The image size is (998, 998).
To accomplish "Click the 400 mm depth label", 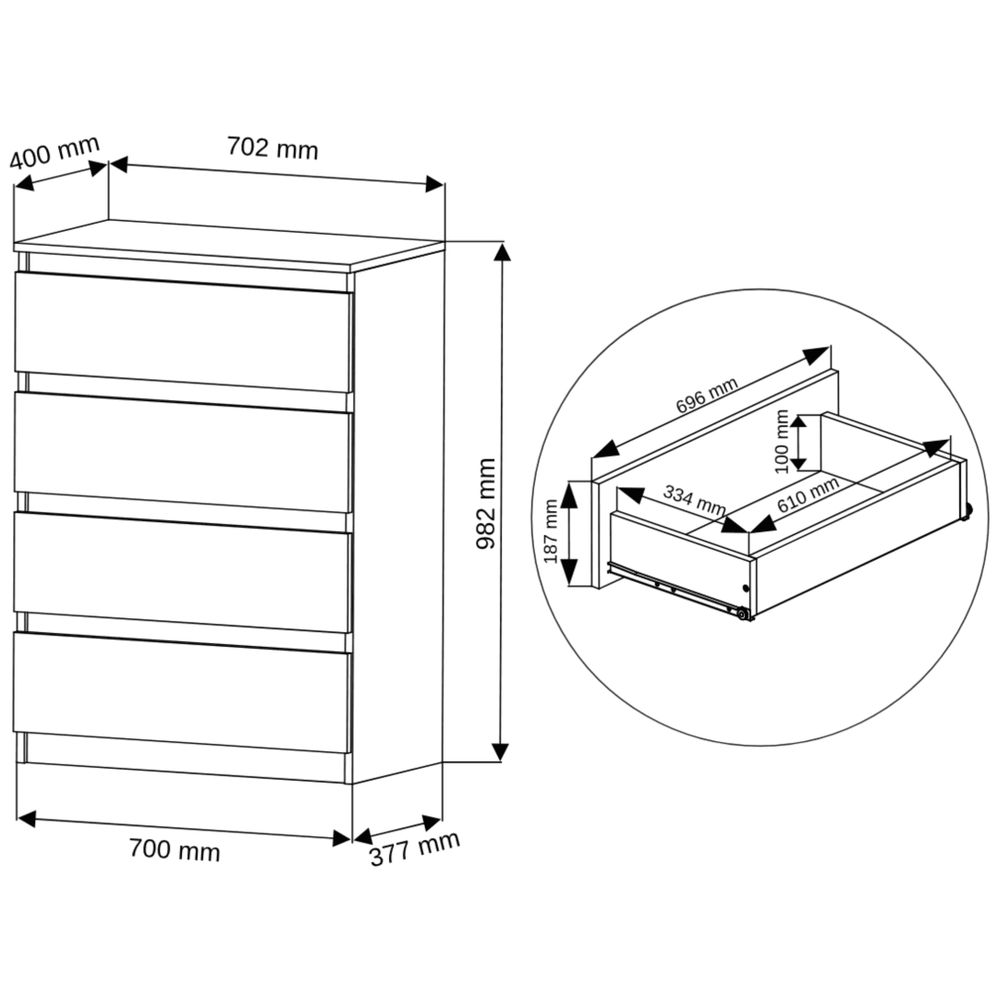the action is coord(55,152).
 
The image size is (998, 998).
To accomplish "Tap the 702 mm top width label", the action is coord(273,148).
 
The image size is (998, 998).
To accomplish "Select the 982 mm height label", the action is coord(486,504).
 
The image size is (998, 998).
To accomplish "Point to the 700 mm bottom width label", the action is coord(175,850).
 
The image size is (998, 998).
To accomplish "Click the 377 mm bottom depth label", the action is coord(415,848).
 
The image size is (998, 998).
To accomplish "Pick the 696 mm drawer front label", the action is coord(707,395).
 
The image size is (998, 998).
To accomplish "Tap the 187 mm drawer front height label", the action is coord(551,531).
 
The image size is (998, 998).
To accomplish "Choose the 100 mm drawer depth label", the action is coord(783,442).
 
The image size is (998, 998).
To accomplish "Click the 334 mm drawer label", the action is coord(694,500).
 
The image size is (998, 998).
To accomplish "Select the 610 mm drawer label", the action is coord(808,495).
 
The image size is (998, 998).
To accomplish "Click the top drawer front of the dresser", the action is coord(183,332).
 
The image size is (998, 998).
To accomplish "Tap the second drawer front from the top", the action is coord(183,452).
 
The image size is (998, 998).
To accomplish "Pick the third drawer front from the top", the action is coord(183,572).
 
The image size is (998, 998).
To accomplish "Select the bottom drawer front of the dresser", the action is coord(183,692).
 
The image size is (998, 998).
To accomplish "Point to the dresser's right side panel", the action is coord(397,516).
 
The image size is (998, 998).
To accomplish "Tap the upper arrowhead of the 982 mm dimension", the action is coord(502,252).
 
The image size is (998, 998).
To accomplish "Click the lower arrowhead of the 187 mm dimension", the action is coord(569,574).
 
